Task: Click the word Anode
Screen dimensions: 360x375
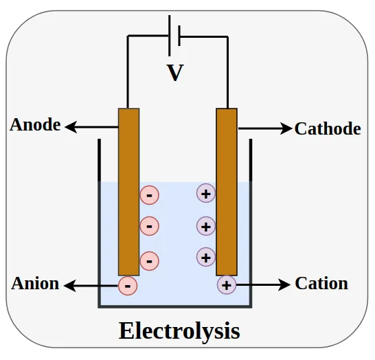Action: coord(35,126)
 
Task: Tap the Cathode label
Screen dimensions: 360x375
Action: coord(327,128)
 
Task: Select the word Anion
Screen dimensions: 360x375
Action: coord(35,284)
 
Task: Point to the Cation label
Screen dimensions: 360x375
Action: coord(321,284)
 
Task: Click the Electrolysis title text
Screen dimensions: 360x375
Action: coord(179,331)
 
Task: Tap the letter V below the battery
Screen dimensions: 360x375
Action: coord(176,73)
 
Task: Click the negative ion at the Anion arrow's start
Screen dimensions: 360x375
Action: coord(128,284)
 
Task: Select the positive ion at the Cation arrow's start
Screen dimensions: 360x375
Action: coord(227,284)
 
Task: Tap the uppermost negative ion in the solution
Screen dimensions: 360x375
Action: coord(149,195)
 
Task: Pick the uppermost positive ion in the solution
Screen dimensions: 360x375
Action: coord(206,194)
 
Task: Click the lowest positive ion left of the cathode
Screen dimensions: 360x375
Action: coord(206,257)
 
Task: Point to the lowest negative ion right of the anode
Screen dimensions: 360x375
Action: coord(149,260)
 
